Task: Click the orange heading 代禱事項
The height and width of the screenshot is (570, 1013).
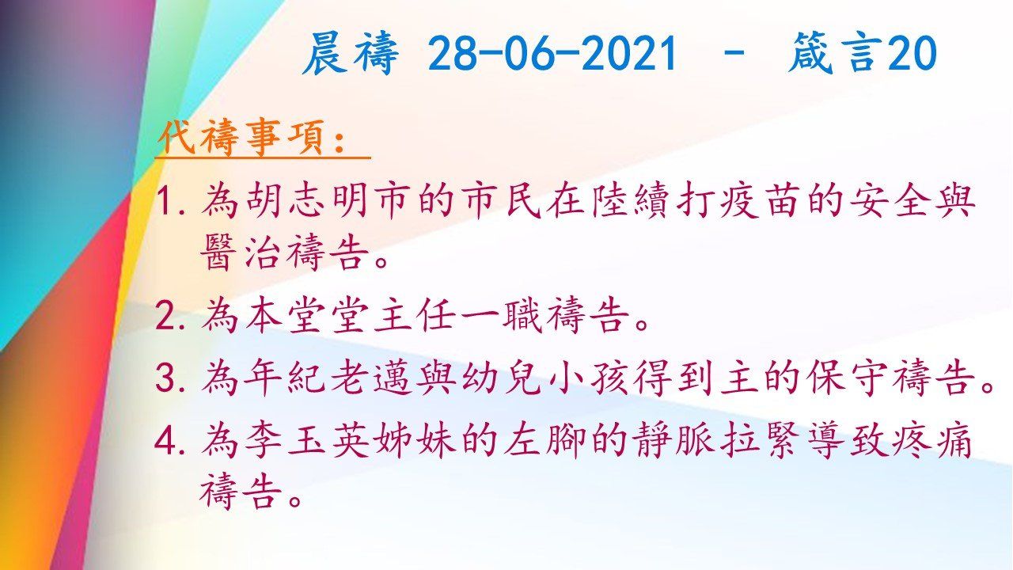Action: tap(252, 139)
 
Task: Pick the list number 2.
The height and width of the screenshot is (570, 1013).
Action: tap(169, 317)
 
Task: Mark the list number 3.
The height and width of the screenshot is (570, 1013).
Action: tap(169, 379)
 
